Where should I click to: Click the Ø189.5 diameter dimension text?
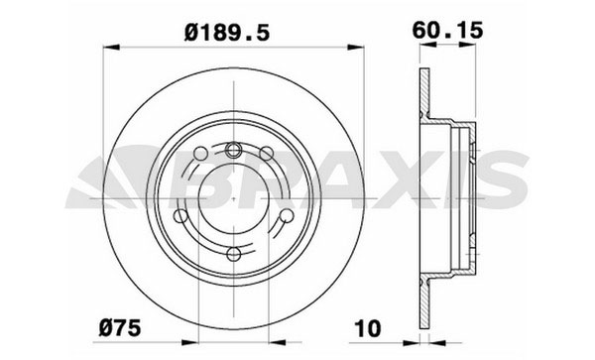(227, 32)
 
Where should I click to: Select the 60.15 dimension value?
(448, 30)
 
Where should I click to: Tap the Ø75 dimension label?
(120, 327)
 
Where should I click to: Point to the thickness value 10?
(367, 328)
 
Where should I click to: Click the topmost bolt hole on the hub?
(233, 150)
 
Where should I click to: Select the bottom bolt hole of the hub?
(233, 254)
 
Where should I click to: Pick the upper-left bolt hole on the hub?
(200, 154)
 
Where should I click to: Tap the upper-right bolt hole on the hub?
(266, 154)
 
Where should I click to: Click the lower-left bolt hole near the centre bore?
(180, 216)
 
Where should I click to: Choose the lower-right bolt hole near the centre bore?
(287, 216)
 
